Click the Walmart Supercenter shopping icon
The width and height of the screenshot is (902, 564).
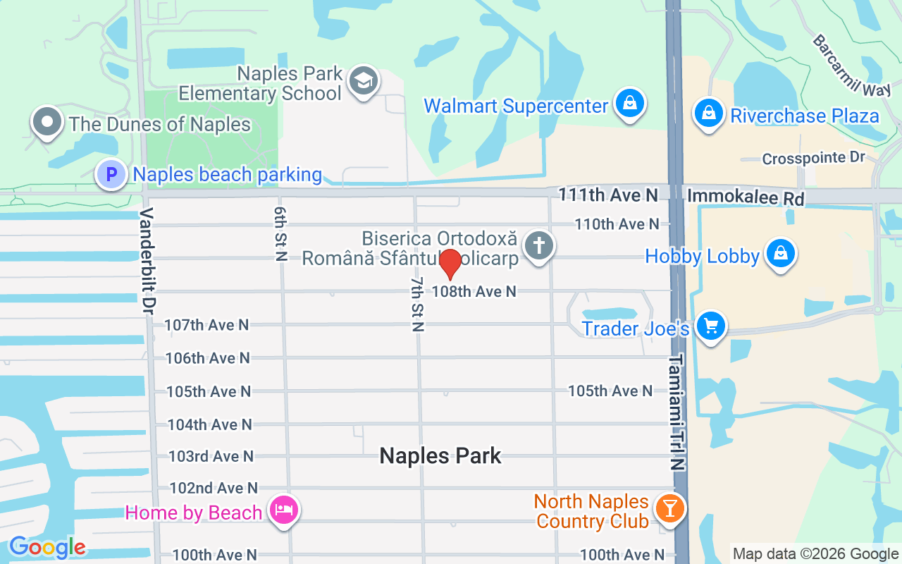click(630, 104)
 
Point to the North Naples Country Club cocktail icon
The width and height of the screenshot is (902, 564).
click(669, 508)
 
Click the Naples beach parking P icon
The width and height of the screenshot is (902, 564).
click(111, 173)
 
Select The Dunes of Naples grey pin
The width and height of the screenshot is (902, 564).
click(47, 122)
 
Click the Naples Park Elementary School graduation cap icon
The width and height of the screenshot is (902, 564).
click(364, 81)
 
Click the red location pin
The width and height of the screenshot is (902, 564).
click(450, 264)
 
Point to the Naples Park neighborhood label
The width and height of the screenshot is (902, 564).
click(440, 455)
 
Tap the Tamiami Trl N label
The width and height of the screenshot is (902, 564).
click(677, 412)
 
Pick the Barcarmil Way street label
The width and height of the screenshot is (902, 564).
click(851, 66)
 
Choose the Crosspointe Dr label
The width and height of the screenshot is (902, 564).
click(813, 158)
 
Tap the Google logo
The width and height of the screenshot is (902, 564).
click(47, 547)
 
